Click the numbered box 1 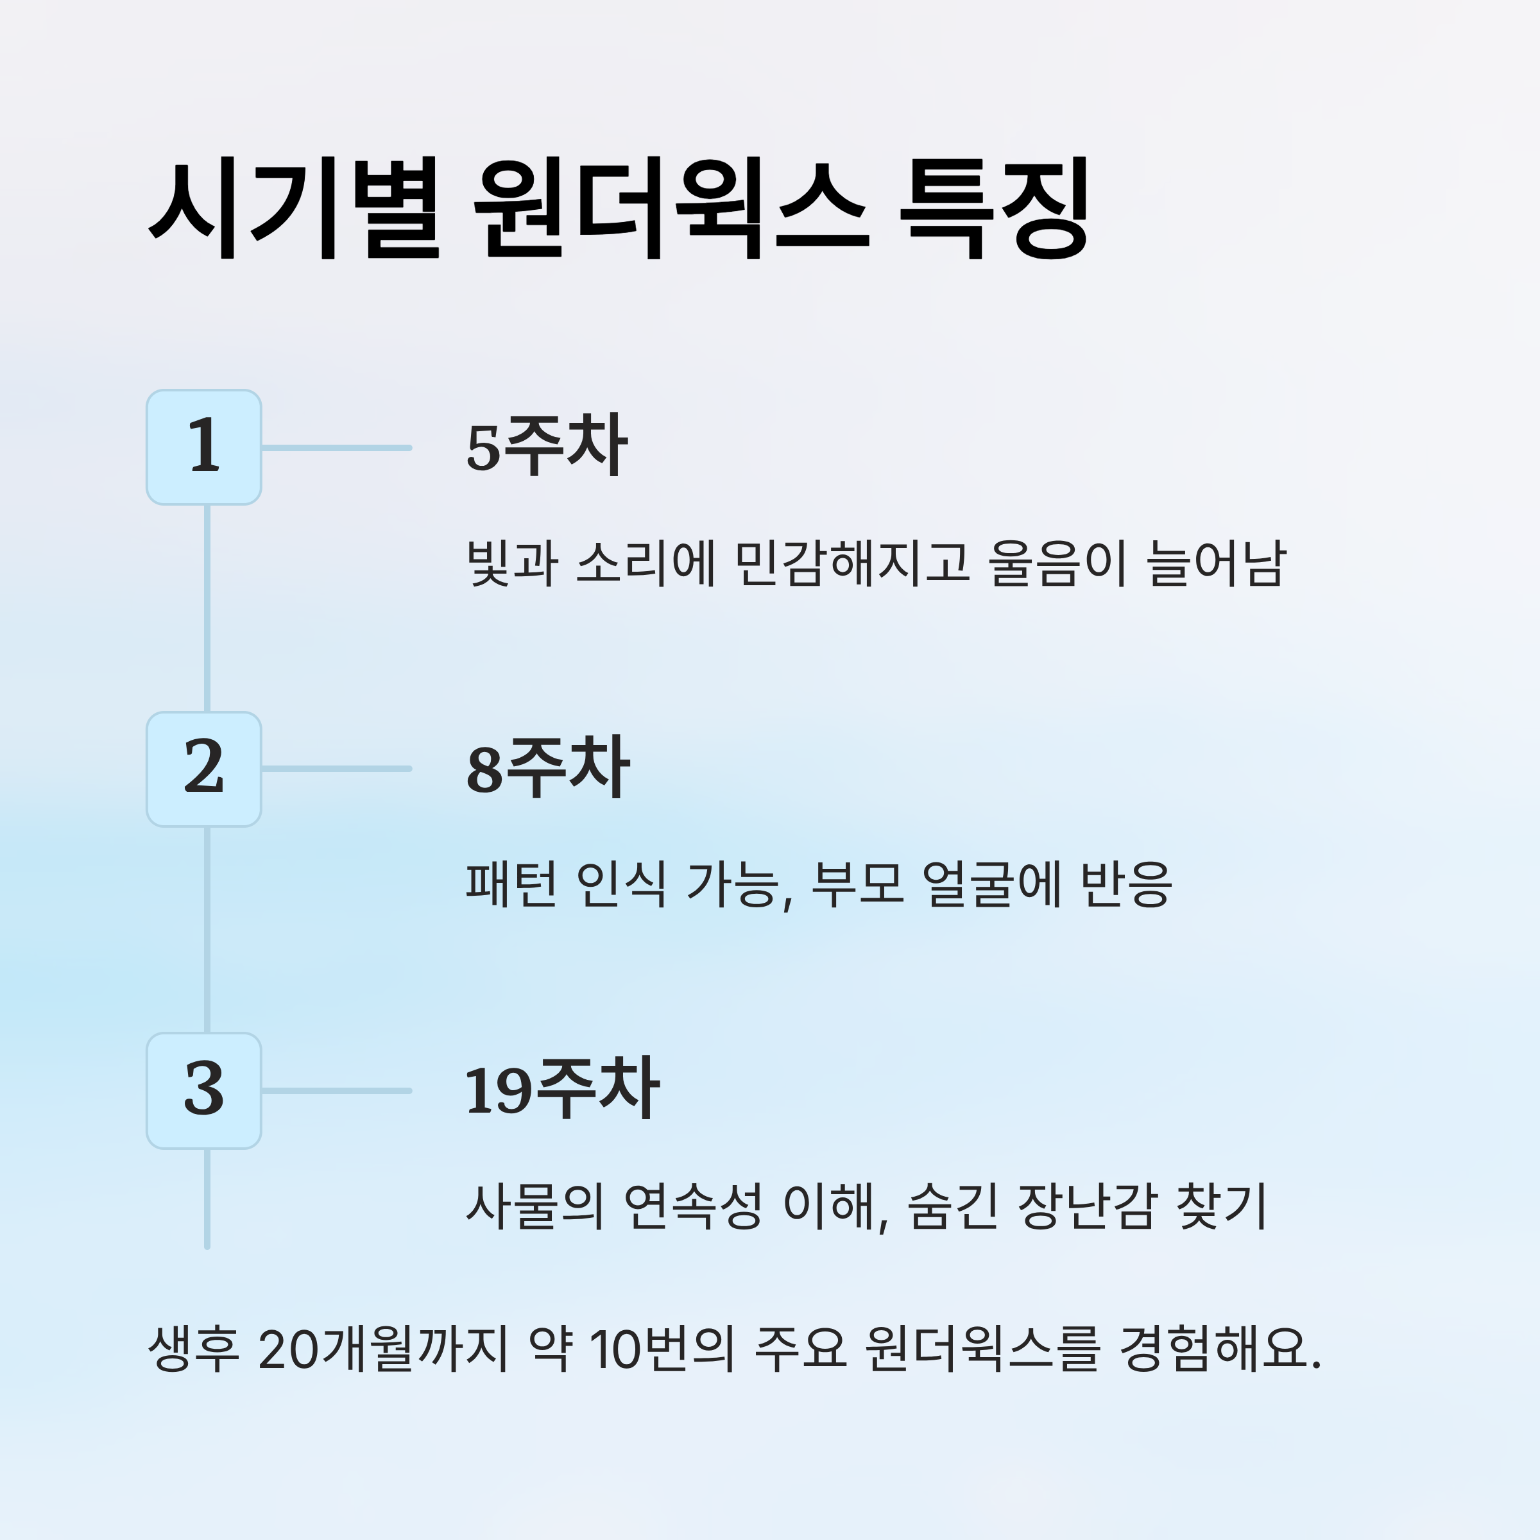[x=204, y=447]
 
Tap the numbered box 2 [x=204, y=769]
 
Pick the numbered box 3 [x=204, y=1090]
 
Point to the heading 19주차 [x=562, y=1090]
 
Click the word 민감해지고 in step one [x=851, y=563]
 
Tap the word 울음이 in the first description [x=1057, y=563]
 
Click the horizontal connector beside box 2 [x=336, y=769]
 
